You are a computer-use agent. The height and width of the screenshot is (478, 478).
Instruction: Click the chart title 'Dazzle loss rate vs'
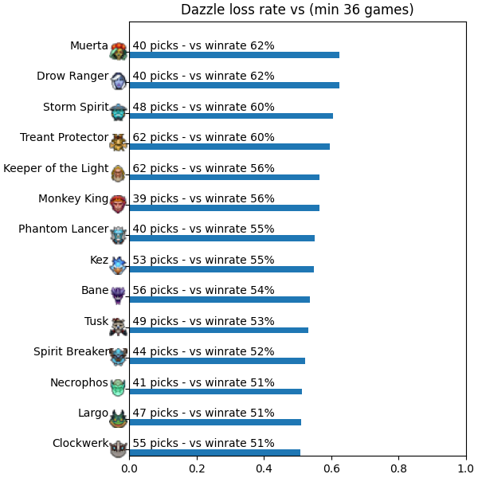click(x=243, y=10)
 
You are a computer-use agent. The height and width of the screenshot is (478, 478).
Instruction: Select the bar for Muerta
click(x=234, y=55)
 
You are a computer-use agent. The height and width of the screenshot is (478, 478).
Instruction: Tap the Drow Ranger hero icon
click(x=118, y=80)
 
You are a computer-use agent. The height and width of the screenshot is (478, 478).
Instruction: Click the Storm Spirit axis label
click(x=76, y=107)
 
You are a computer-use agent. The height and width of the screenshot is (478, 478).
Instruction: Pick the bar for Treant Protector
click(x=229, y=147)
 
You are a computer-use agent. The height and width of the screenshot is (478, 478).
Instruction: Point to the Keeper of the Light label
click(x=56, y=168)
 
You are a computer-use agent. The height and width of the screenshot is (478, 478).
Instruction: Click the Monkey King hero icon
click(x=118, y=204)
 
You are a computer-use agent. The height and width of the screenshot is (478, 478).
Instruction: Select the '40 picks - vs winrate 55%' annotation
click(x=203, y=229)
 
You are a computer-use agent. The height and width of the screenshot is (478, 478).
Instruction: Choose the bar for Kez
click(x=221, y=269)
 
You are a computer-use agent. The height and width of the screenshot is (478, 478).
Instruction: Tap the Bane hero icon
click(x=118, y=295)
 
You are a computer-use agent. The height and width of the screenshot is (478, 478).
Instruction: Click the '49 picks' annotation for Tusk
click(x=155, y=321)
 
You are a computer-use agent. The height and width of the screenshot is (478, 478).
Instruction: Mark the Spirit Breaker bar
click(x=217, y=361)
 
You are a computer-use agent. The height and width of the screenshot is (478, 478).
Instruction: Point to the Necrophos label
click(x=79, y=382)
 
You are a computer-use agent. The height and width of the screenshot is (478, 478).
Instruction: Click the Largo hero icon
click(x=118, y=418)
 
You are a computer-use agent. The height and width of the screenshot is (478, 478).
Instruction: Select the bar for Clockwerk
click(x=215, y=453)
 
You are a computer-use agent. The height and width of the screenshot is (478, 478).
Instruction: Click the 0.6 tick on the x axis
click(x=331, y=456)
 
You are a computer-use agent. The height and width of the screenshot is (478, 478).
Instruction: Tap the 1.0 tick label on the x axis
click(x=466, y=468)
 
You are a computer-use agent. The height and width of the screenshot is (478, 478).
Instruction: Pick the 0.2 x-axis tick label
click(x=197, y=468)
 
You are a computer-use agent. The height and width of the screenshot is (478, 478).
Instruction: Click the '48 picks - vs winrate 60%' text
click(x=203, y=107)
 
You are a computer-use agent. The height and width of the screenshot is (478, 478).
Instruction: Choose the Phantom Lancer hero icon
click(x=118, y=235)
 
